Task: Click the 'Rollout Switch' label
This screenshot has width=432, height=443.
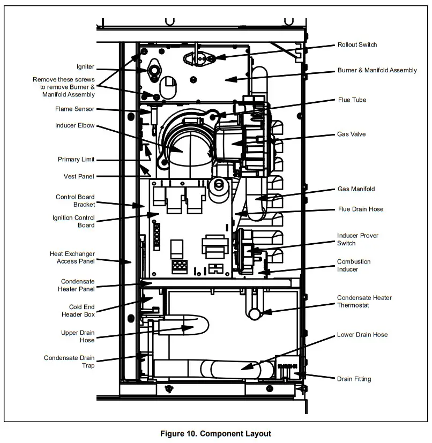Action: point(357,44)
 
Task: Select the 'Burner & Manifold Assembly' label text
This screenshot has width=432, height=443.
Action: point(377,70)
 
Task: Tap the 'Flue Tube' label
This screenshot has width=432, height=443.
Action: point(352,100)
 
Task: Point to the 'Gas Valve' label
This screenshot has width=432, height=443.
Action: point(351,134)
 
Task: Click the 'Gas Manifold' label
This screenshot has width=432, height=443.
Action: point(356,189)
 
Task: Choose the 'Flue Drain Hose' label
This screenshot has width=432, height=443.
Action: point(360,209)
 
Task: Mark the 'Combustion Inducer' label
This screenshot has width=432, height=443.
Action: point(353,266)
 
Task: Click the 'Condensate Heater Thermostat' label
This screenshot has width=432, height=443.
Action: point(364,302)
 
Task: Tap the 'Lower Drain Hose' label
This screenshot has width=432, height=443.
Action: point(362,335)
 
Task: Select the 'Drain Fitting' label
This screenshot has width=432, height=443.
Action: point(354,379)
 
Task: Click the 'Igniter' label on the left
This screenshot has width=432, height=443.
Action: point(86,67)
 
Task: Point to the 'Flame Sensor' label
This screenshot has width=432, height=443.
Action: point(75,109)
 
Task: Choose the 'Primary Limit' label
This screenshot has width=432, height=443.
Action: point(76,159)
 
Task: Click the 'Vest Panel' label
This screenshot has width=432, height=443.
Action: point(79,176)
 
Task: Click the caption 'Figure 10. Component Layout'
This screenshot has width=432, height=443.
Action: point(216,433)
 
